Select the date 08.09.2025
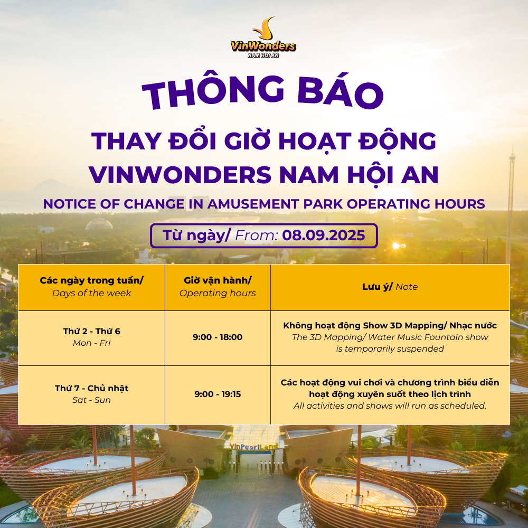coord(324,235)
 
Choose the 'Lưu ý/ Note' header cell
coord(390,287)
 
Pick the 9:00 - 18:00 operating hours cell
coord(218,337)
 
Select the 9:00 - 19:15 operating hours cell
coord(218,394)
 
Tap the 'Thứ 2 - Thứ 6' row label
coord(91,331)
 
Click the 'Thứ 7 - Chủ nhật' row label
coord(91,388)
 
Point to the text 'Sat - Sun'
coord(91,400)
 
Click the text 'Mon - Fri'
coord(91,343)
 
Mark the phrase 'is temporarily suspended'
coord(390,348)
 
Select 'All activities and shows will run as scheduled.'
coord(390,406)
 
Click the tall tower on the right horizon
coord(511,201)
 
